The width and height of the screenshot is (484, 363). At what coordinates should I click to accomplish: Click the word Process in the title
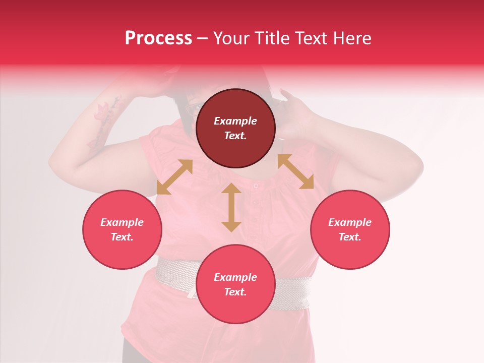(158, 38)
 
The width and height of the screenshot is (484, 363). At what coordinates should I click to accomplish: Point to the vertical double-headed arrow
(231, 207)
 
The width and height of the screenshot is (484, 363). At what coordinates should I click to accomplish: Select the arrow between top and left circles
(174, 177)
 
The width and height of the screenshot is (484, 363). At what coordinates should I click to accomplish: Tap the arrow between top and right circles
(295, 172)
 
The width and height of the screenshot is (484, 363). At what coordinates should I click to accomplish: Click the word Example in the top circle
(235, 121)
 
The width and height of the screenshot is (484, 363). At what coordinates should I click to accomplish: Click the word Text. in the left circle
(122, 237)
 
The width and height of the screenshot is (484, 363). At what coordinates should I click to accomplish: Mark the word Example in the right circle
(350, 222)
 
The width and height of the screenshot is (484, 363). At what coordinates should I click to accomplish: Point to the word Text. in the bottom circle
(235, 292)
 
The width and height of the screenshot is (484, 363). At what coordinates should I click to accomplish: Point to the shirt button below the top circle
(256, 186)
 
